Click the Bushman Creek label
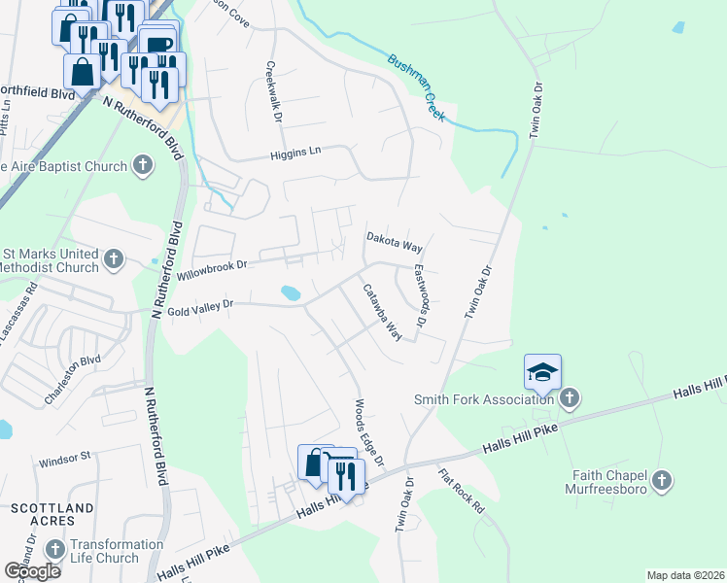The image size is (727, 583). point(417,87)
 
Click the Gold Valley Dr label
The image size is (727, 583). point(200,306)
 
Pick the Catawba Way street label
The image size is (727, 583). point(382,311)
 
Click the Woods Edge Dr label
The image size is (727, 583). point(370,430)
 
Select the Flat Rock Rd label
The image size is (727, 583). point(461,493)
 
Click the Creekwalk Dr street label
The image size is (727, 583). point(273,93)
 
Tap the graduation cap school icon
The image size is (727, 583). point(542,372)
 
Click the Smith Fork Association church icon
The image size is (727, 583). point(571,398)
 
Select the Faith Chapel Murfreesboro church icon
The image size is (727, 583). point(661,480)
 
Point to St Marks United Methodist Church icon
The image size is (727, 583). point(114,259)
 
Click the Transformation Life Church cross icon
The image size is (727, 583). point(54,550)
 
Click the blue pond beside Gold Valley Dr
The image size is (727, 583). point(290,292)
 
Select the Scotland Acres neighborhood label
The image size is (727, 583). point(52,514)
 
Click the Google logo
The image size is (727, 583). point(33,570)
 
